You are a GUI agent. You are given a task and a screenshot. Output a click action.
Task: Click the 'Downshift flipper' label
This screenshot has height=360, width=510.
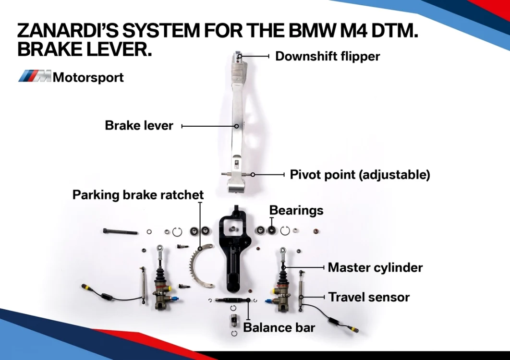(328, 56)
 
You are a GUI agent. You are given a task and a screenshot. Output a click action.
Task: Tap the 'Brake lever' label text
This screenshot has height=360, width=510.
(139, 126)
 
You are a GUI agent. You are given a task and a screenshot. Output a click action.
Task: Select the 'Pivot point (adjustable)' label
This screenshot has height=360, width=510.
(360, 175)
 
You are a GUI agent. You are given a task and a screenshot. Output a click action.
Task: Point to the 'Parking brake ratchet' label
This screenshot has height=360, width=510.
(138, 195)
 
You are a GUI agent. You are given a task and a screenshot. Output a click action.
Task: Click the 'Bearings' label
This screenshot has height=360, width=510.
(296, 211)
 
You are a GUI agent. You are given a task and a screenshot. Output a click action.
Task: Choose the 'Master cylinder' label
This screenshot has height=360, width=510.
(376, 268)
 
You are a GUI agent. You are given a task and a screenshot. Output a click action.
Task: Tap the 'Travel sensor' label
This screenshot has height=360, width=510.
(369, 297)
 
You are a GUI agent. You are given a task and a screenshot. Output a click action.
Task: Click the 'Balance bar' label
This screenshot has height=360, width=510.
(279, 327)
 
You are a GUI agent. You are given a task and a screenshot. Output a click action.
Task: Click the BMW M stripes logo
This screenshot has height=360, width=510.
(35, 76)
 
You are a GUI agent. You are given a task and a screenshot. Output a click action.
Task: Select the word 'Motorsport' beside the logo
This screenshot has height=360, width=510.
(88, 77)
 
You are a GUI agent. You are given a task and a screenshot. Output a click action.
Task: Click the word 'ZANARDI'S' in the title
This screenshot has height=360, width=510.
(68, 31)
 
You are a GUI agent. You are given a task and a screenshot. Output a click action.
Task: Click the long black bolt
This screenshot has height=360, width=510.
(121, 231)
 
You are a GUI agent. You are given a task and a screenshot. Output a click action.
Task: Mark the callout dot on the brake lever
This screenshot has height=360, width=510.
(236, 126)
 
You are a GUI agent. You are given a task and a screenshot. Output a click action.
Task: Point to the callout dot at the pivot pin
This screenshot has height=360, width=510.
(253, 175)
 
